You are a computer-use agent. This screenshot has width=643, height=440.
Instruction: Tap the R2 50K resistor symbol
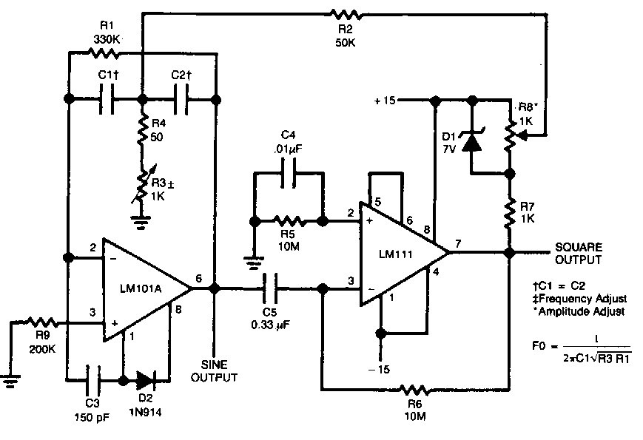pyautogui.click(x=346, y=13)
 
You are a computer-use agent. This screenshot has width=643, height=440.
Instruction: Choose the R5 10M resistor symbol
pyautogui.click(x=289, y=220)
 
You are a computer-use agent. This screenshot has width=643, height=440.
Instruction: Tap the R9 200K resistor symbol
pyautogui.click(x=38, y=322)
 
